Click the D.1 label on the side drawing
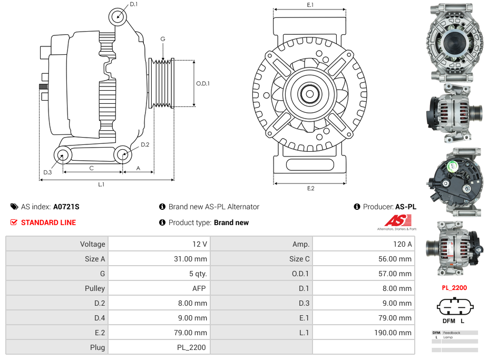coord(134,4)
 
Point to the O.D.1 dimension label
coord(203,83)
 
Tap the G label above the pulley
coord(163,39)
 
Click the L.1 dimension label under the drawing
coord(101,184)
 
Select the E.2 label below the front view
coord(310,189)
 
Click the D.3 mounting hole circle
coord(63,155)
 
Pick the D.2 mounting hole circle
coord(123,154)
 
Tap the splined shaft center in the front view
coord(309,94)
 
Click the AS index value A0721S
coord(66,207)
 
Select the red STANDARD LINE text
coord(48,222)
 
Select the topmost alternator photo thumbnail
coord(456,42)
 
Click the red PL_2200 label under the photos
coord(454,288)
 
